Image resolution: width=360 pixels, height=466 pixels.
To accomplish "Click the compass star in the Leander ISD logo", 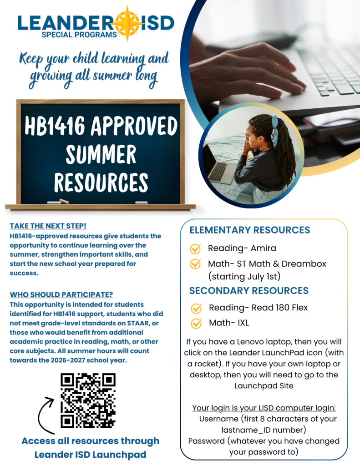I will pyautogui.click(x=128, y=22).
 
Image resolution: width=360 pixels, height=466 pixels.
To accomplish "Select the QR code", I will pyautogui.click(x=88, y=400).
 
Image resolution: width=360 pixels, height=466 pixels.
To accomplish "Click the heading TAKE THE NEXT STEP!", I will pyautogui.click(x=48, y=226).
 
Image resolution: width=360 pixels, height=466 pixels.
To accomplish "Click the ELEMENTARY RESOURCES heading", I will pyautogui.click(x=249, y=230).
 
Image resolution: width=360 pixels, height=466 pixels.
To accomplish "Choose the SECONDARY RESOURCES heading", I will pyautogui.click(x=248, y=290).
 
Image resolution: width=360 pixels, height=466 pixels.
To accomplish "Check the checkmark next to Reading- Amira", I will pyautogui.click(x=195, y=248).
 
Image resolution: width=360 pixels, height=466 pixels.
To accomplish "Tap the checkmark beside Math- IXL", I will pyautogui.click(x=196, y=323).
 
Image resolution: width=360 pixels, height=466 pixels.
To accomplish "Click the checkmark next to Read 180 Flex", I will pyautogui.click(x=196, y=308).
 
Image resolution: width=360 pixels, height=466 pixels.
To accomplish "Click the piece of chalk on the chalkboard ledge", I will pyautogui.click(x=64, y=201).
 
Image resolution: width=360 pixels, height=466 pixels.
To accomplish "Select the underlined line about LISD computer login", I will pyautogui.click(x=264, y=408).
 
